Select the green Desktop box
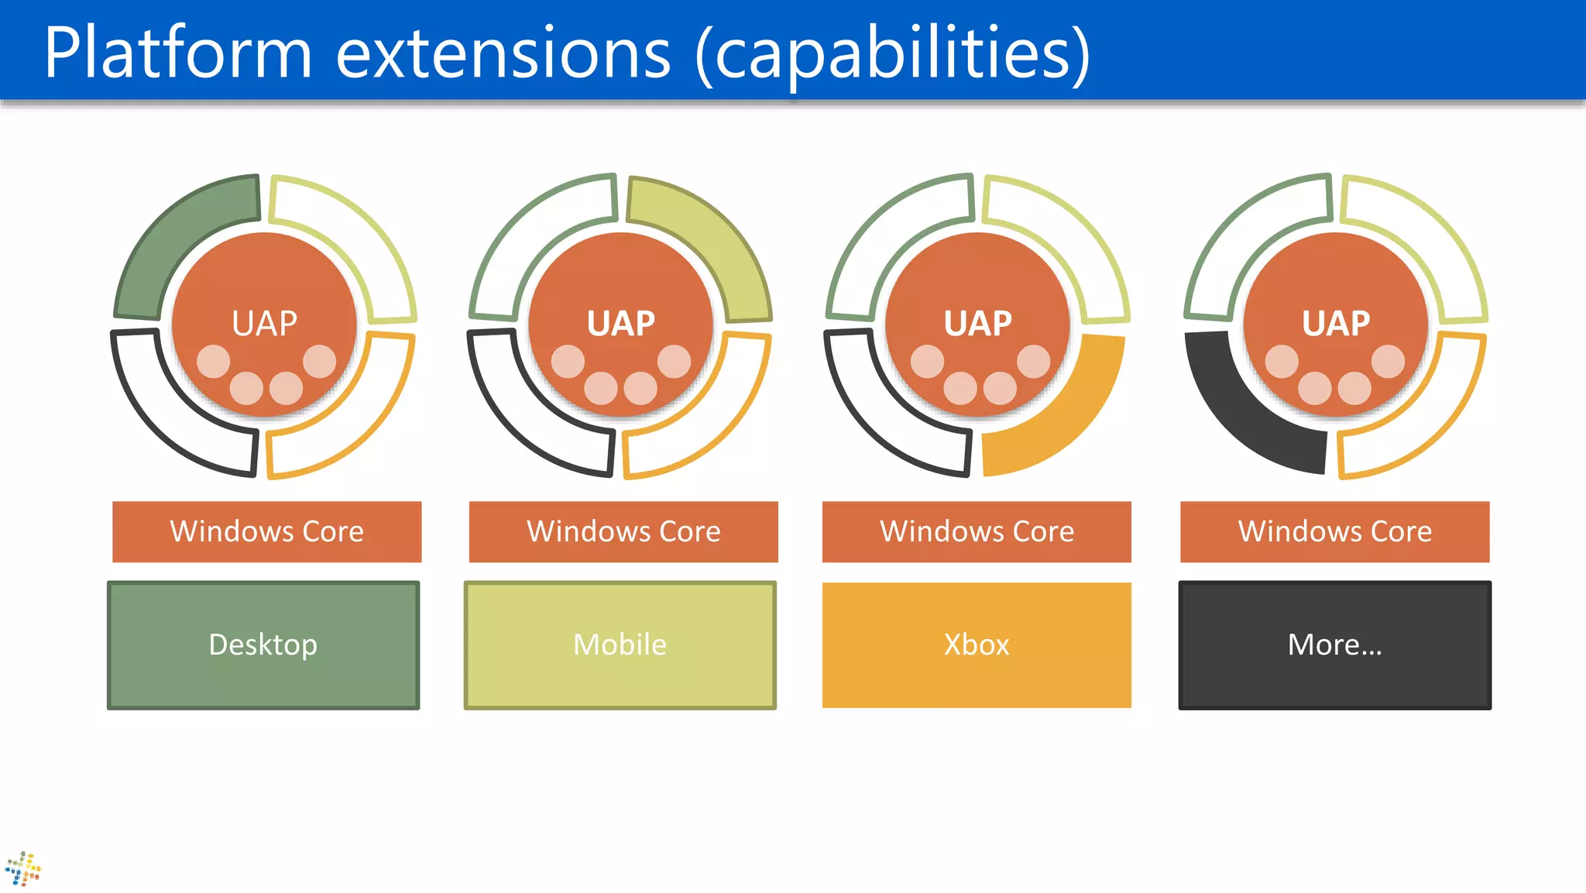(x=263, y=644)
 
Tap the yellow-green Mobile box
(x=620, y=644)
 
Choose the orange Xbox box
(x=977, y=644)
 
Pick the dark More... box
(x=1334, y=644)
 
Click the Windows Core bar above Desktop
(x=266, y=531)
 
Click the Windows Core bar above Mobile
(x=623, y=531)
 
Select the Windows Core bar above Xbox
(x=977, y=531)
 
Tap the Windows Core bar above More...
(x=1334, y=531)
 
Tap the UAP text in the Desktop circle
(x=265, y=323)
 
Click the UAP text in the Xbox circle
(x=977, y=323)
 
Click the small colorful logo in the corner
(x=23, y=868)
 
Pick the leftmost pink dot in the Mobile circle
(x=568, y=362)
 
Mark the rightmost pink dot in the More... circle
(x=1388, y=362)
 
